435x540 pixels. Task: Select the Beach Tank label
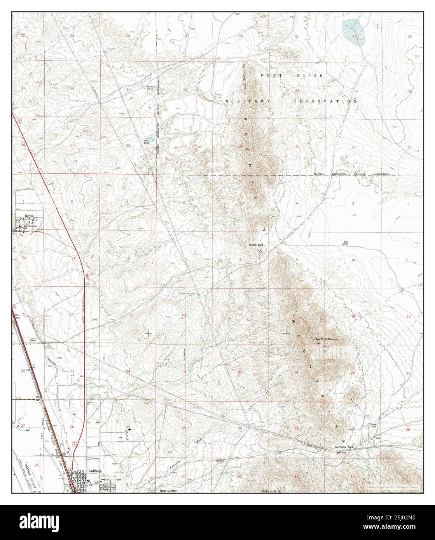click(x=374, y=426)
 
